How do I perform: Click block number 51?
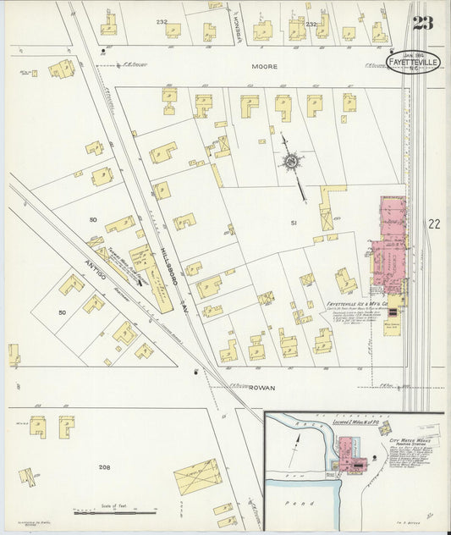294,223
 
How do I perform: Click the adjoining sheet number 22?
434,223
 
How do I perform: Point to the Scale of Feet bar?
115,512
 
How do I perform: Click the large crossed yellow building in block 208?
197,477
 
